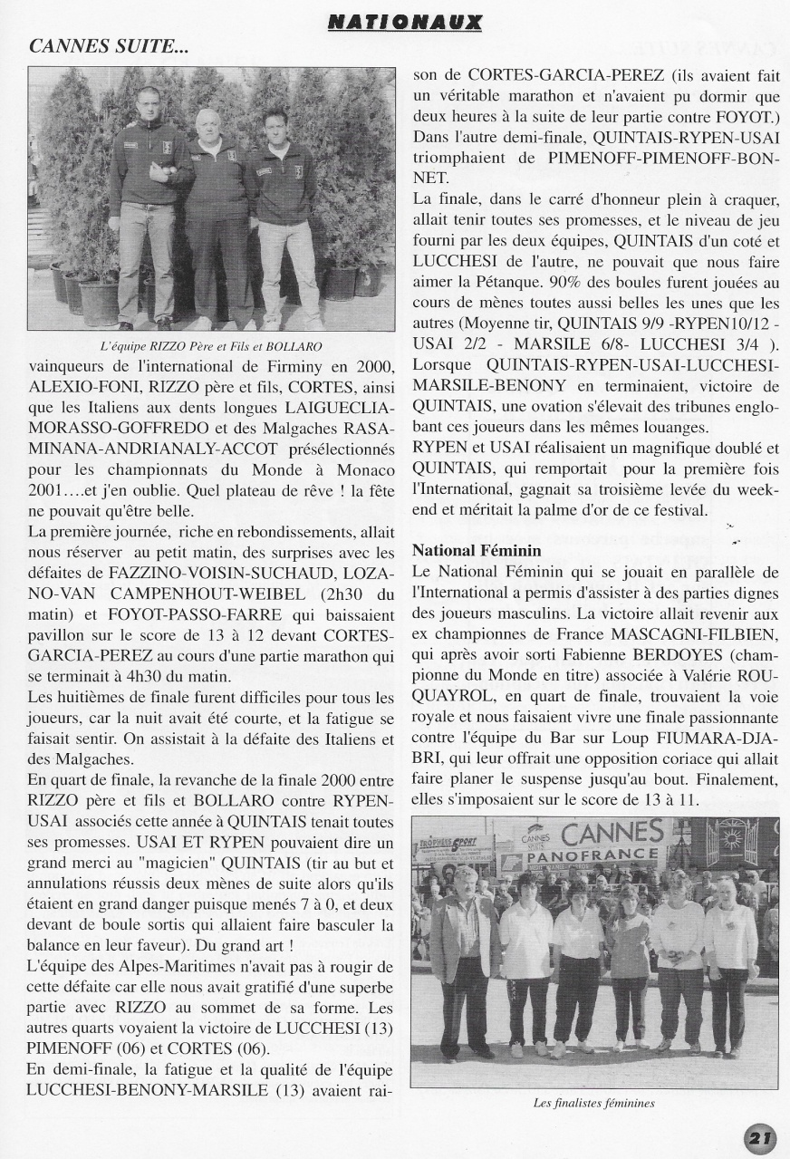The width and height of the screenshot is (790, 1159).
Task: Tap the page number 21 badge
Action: [x=760, y=1137]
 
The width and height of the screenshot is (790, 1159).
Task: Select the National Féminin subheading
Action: [x=477, y=550]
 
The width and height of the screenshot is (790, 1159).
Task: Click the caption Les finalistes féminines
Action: [x=593, y=1103]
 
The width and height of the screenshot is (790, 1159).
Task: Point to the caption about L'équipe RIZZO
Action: [x=211, y=346]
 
